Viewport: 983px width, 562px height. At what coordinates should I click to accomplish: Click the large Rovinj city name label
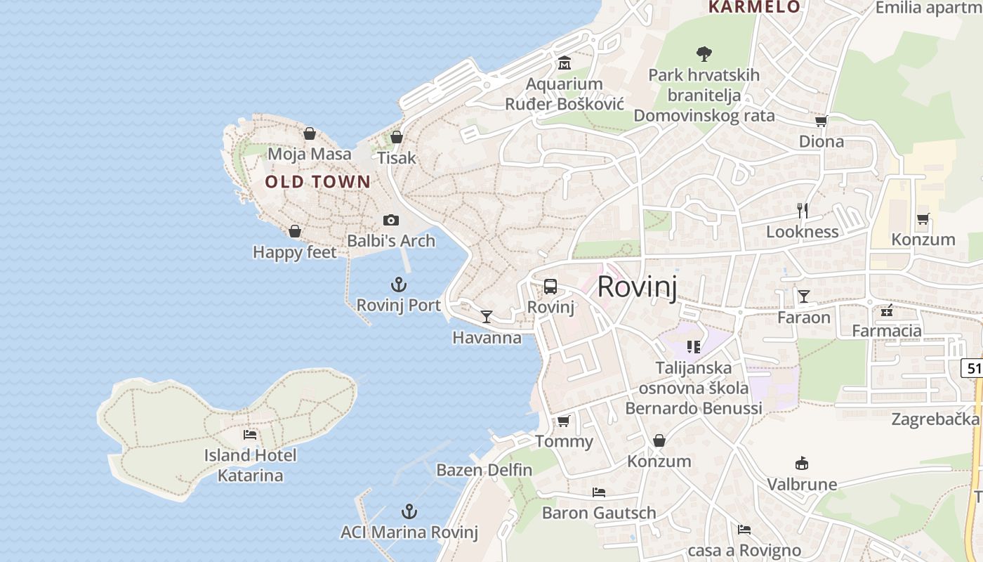coord(637,287)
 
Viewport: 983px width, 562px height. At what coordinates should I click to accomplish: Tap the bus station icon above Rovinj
coord(550,287)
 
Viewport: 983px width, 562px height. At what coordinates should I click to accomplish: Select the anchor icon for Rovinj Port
coord(399,285)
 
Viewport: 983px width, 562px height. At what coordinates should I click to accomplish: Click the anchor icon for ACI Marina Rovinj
coord(409,511)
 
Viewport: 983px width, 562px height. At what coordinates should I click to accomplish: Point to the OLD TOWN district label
coord(317,182)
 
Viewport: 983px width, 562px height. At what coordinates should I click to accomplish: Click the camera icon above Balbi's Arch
coord(391,221)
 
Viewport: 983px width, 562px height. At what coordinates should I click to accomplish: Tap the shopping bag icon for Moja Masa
coord(309,133)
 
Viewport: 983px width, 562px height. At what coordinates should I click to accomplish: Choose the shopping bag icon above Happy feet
coord(295,231)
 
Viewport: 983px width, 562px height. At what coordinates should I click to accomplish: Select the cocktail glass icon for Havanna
coord(487,317)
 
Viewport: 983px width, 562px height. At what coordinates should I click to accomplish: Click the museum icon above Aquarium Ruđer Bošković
coord(564,64)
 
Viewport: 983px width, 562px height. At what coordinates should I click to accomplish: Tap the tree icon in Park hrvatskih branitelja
coord(704,53)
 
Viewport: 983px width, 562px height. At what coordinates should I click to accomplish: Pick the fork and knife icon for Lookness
coord(803,211)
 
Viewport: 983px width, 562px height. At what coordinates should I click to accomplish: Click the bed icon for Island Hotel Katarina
coord(250,435)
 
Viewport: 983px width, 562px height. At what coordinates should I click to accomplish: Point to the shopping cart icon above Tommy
coord(563,421)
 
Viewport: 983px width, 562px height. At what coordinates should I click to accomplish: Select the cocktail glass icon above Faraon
coord(803,296)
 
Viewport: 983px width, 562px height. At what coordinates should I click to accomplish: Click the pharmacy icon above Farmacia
coord(886,310)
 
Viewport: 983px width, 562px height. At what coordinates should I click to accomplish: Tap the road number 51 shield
coord(973,367)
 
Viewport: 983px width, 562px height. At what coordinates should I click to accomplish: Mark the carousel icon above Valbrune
coord(802,464)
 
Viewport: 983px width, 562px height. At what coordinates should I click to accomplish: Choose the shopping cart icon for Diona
coord(821,121)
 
